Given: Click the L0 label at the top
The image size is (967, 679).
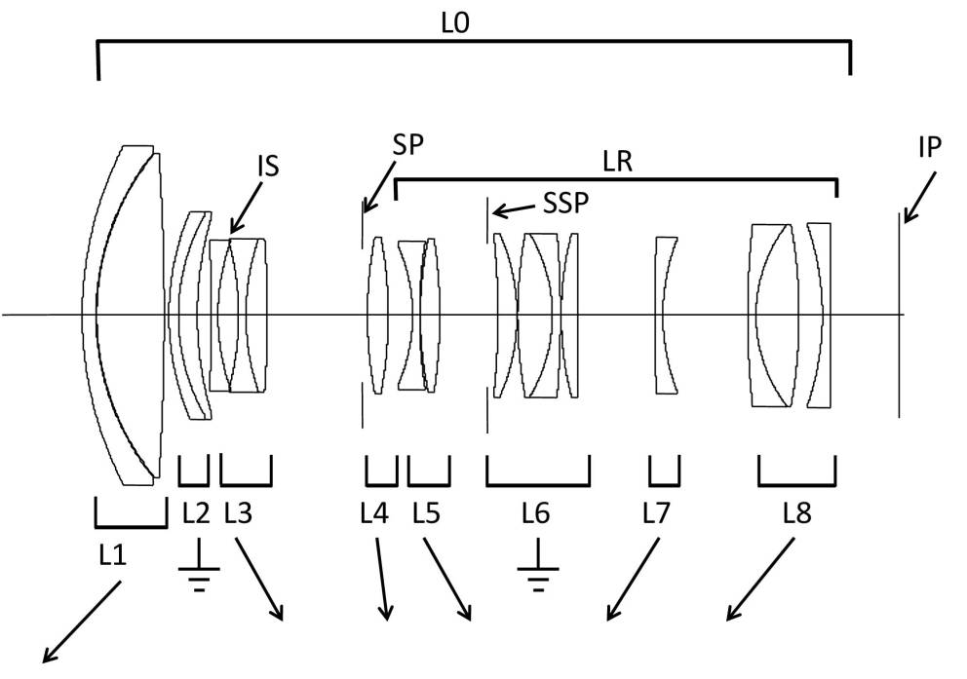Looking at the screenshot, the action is tap(455, 22).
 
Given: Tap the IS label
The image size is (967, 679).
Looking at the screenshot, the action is tap(269, 166).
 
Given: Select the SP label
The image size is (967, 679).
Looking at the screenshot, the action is tap(408, 145).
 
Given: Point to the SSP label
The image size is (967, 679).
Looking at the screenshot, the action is tap(565, 203).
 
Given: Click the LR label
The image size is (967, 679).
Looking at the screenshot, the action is tap(618, 162).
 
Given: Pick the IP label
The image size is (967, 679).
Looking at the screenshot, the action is tap(930, 147).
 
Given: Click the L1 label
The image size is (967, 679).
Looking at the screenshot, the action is tap(113, 555).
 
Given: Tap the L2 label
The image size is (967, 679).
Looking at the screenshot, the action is tap(196, 512).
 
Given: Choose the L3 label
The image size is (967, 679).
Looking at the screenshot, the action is tap(238, 512).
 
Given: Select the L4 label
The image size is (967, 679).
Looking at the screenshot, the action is tap(374, 512).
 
